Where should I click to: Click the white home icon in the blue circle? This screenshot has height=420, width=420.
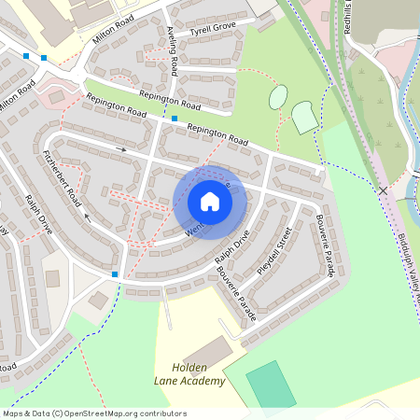(x=209, y=201)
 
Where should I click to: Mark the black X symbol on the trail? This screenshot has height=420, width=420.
(x=383, y=190)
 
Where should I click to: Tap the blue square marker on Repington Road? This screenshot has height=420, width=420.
(x=175, y=119)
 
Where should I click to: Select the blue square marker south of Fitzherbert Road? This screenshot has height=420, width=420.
(x=115, y=274)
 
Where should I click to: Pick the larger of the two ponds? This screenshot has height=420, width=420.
(x=305, y=117)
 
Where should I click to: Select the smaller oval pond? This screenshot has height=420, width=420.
(x=278, y=97)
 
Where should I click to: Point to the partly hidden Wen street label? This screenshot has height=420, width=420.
(x=193, y=230)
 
